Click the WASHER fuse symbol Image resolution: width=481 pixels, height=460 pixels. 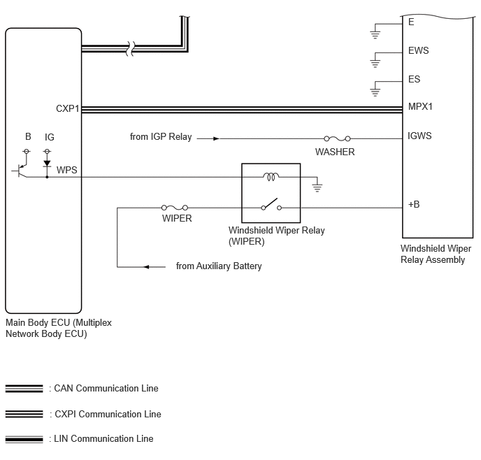click(337, 138)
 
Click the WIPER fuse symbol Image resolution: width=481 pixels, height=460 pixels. click(175, 208)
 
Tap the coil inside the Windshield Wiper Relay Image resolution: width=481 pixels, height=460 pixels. click(271, 176)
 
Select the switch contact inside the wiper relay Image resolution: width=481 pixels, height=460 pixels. click(271, 205)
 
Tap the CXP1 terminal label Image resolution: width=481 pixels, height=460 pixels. click(68, 108)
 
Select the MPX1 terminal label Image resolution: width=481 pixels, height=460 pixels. click(420, 106)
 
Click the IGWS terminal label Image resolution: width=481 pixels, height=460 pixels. click(419, 136)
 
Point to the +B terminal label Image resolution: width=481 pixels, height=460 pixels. click(414, 204)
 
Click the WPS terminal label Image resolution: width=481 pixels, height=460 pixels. click(66, 170)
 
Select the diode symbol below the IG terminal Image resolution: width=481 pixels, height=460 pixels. click(47, 164)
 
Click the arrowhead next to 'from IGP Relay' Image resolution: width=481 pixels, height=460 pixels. click(216, 138)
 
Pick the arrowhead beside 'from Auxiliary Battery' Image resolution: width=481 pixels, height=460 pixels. click(146, 267)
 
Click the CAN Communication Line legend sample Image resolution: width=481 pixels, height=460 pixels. click(24, 389)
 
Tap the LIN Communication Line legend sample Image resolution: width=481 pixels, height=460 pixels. click(24, 439)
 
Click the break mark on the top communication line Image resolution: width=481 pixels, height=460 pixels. click(130, 48)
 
